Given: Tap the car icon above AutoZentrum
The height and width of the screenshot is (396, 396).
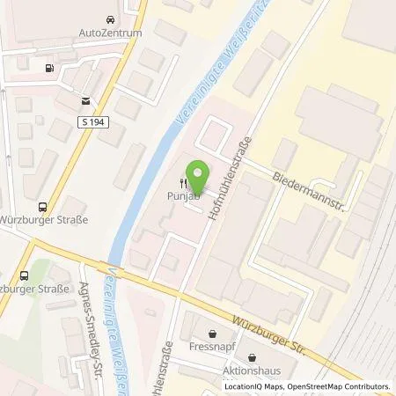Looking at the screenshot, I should click(110, 18).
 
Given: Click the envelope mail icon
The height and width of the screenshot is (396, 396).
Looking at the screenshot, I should click(85, 101).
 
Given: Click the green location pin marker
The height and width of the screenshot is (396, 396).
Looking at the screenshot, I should click(201, 176).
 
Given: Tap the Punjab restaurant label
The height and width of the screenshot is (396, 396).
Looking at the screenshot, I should click(179, 196).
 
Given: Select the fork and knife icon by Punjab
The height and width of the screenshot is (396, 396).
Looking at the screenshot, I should click(183, 184).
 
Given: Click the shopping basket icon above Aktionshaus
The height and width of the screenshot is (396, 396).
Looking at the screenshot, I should click(253, 358).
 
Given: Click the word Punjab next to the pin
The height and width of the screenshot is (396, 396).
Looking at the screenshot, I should click(179, 196).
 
